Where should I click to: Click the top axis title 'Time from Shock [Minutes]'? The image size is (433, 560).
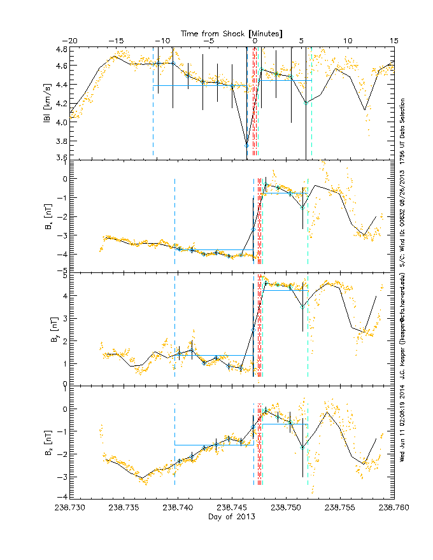(x=232, y=32)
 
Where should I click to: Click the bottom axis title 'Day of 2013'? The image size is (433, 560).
(x=232, y=517)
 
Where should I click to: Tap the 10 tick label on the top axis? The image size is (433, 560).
(x=348, y=41)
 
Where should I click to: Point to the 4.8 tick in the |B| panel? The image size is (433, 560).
(x=61, y=49)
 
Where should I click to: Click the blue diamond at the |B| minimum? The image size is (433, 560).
(x=247, y=146)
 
